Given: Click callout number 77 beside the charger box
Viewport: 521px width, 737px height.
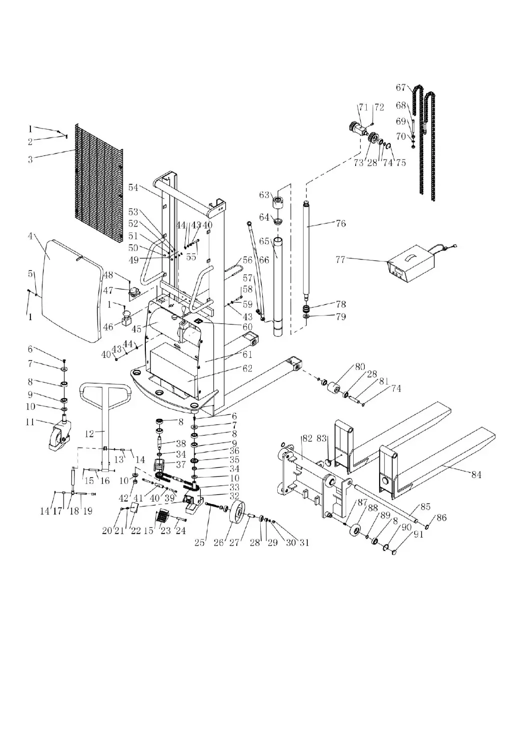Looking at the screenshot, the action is click(340, 259).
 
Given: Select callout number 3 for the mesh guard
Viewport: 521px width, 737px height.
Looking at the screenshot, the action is click(30, 159).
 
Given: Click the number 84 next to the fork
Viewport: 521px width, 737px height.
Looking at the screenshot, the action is click(477, 474).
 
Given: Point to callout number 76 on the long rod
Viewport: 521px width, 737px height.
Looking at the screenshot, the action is click(341, 223).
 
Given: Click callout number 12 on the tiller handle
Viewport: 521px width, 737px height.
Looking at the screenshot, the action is click(89, 433).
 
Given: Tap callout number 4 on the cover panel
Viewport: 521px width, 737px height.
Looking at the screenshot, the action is click(30, 236).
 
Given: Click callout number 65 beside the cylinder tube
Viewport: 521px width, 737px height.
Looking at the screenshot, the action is click(264, 241).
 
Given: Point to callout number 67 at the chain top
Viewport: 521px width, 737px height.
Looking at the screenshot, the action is click(401, 87).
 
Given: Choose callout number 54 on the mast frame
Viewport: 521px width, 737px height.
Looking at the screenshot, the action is click(133, 187).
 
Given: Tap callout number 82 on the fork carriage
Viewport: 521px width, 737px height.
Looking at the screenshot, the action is click(307, 438).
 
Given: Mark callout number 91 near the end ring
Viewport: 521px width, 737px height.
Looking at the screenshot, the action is click(418, 534).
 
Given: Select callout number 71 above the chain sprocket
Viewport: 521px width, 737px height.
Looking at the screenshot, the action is click(363, 107).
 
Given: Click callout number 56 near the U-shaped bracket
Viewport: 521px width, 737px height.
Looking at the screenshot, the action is click(247, 260).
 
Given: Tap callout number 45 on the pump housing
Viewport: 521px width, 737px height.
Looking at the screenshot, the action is click(136, 328).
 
